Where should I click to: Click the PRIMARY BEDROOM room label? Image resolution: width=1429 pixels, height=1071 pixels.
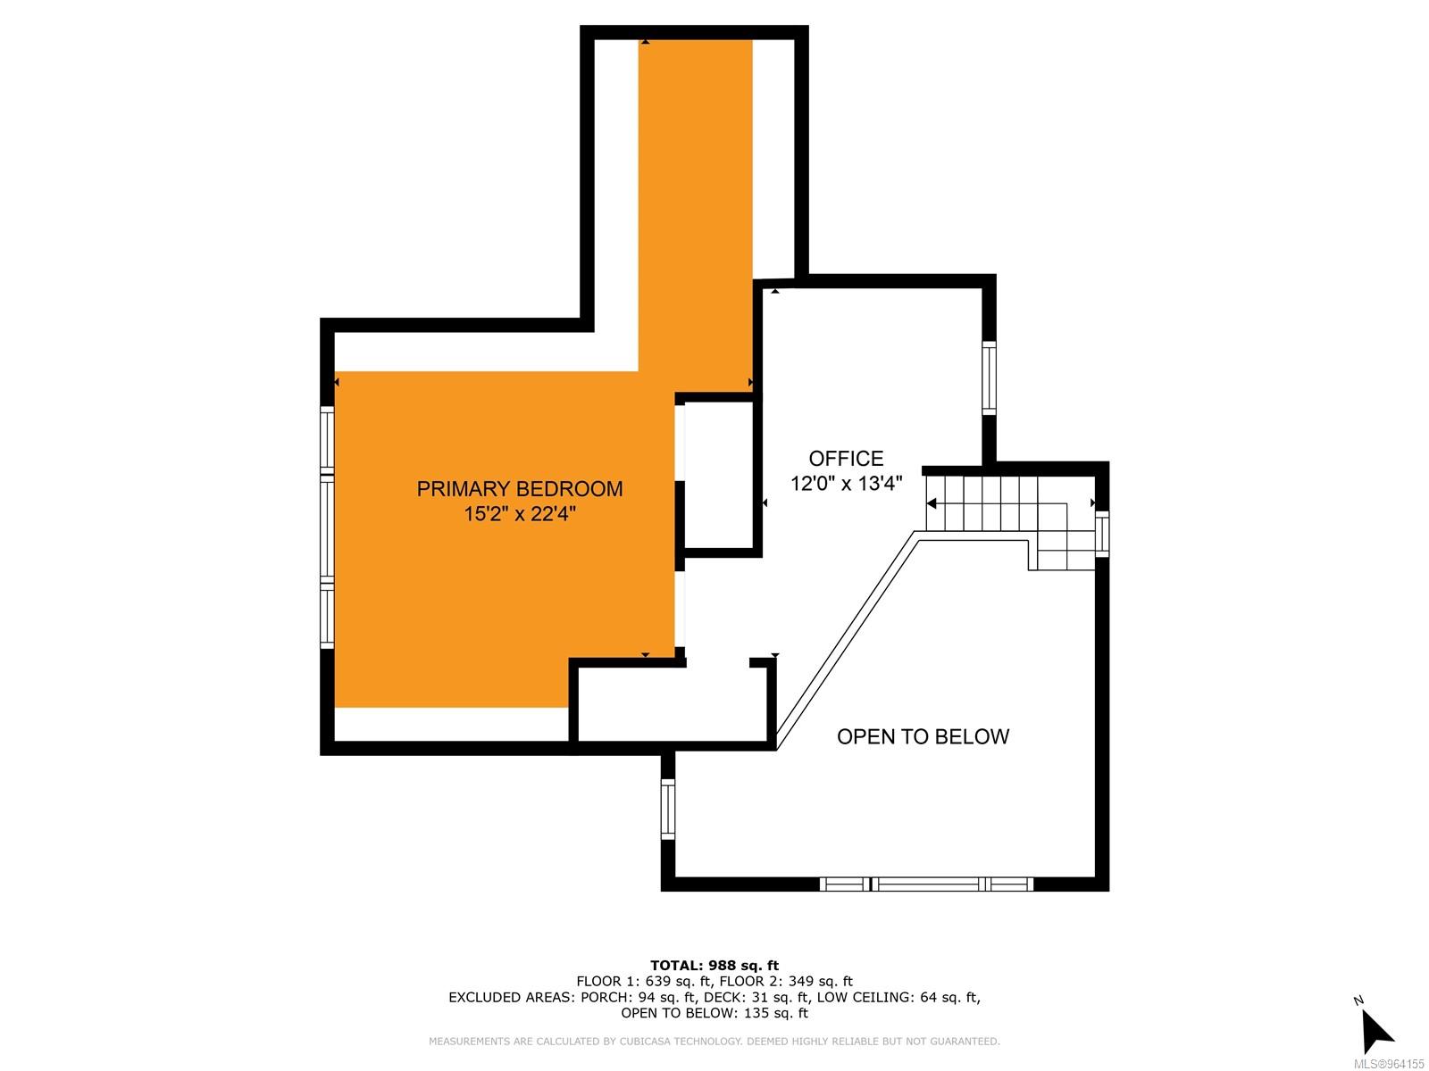point(520,489)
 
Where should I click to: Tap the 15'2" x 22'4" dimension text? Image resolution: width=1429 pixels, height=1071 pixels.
point(520,514)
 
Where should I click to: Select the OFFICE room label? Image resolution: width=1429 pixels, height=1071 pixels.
point(846,459)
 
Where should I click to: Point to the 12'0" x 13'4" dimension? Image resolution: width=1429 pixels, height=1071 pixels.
point(846,484)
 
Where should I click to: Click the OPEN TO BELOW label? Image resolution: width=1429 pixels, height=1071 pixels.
point(923,737)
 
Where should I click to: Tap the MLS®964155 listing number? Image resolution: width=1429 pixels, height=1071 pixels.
point(1389,1064)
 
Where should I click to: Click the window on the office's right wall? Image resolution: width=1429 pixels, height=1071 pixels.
point(989,378)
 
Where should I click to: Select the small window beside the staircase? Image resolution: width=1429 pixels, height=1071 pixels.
point(1101,534)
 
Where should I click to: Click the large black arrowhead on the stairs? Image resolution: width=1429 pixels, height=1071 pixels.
point(932,503)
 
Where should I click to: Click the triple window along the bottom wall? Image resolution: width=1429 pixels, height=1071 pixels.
point(926,884)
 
